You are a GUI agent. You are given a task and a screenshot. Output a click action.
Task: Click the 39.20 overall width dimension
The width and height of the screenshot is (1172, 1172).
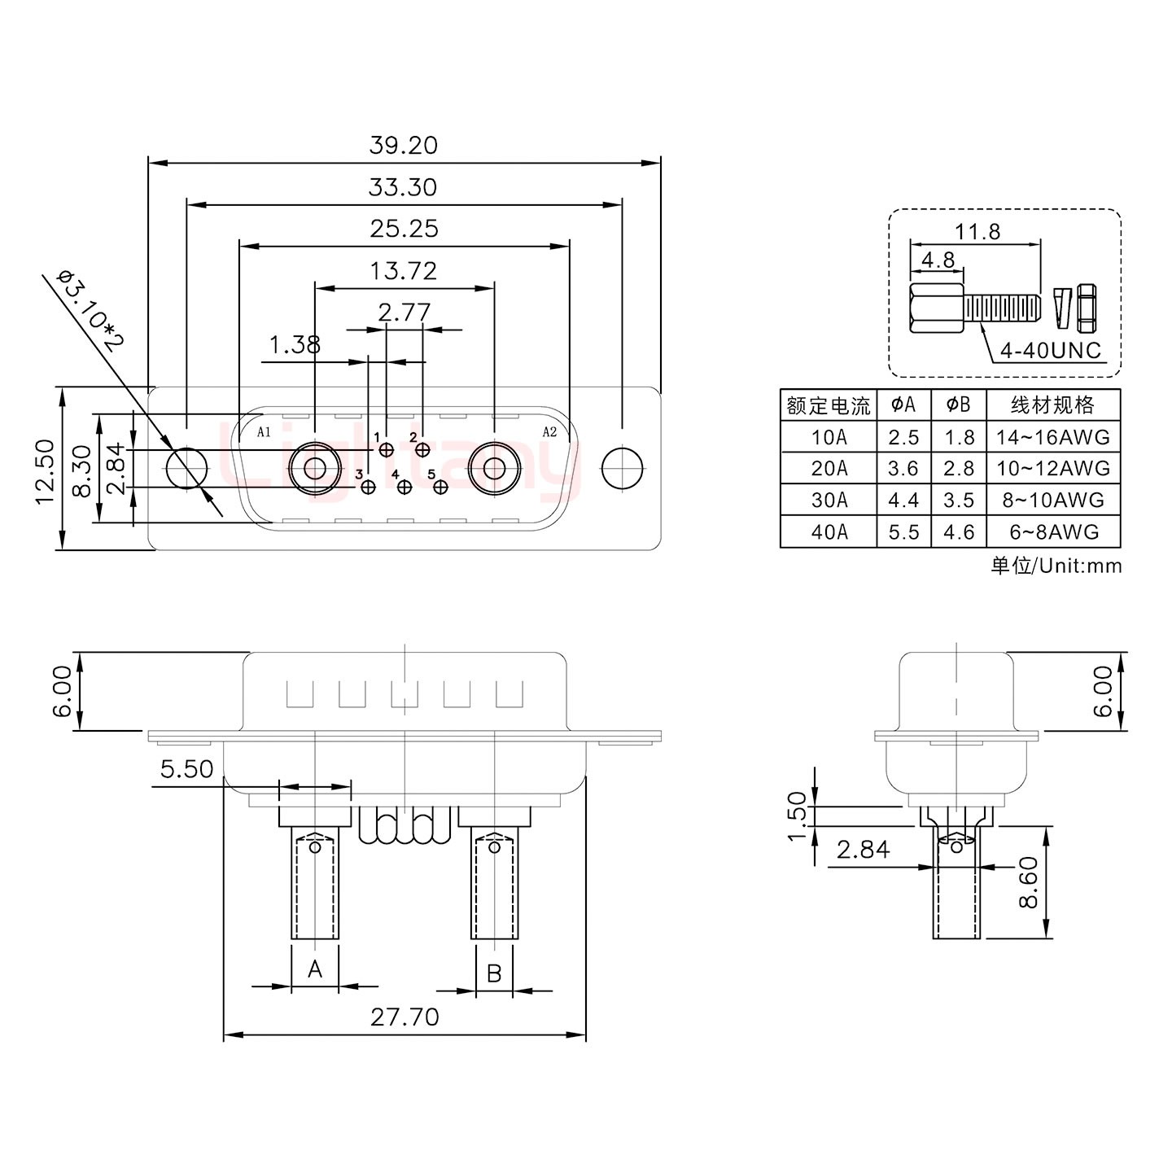point(403,146)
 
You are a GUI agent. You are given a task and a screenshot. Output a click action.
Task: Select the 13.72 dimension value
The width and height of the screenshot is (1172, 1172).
point(404,271)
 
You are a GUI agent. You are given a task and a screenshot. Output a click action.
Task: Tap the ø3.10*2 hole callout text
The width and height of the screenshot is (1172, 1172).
point(90,309)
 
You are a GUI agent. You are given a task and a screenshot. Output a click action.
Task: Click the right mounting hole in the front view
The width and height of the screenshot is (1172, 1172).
point(622,469)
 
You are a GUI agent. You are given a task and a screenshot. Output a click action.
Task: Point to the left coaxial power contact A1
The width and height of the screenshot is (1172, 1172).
point(314,469)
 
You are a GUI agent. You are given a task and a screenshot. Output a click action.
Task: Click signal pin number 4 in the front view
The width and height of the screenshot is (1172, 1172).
point(404,487)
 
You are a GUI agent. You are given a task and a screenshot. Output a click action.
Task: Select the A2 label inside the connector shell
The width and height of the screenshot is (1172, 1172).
point(549,432)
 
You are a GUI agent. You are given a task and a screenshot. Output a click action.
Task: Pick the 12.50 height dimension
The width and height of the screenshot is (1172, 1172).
point(46,470)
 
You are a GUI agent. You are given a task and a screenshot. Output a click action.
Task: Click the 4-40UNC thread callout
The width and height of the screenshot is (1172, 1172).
point(1050,351)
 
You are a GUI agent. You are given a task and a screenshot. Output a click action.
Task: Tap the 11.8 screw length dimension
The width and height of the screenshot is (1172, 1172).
point(977,232)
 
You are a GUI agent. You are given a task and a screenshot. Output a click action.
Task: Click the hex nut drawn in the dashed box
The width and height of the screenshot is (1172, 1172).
point(1087,308)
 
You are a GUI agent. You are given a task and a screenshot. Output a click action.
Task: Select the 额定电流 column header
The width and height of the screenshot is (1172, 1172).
point(829,405)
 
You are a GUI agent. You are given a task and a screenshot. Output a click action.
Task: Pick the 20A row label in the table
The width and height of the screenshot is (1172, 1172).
point(829,469)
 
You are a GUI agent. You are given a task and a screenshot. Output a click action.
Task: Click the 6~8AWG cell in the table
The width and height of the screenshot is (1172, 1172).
point(1053,532)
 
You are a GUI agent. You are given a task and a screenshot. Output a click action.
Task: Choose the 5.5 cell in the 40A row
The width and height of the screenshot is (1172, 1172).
point(903,532)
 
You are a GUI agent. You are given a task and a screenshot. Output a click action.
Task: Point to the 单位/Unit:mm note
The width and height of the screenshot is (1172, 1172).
point(1056,566)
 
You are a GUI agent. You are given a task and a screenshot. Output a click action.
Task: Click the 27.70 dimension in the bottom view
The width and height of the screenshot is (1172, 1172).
point(405,1017)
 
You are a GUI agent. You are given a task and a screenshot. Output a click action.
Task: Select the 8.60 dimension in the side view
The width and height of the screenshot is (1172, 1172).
point(1028,882)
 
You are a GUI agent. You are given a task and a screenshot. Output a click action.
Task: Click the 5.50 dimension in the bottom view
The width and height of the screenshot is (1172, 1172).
point(186,769)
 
